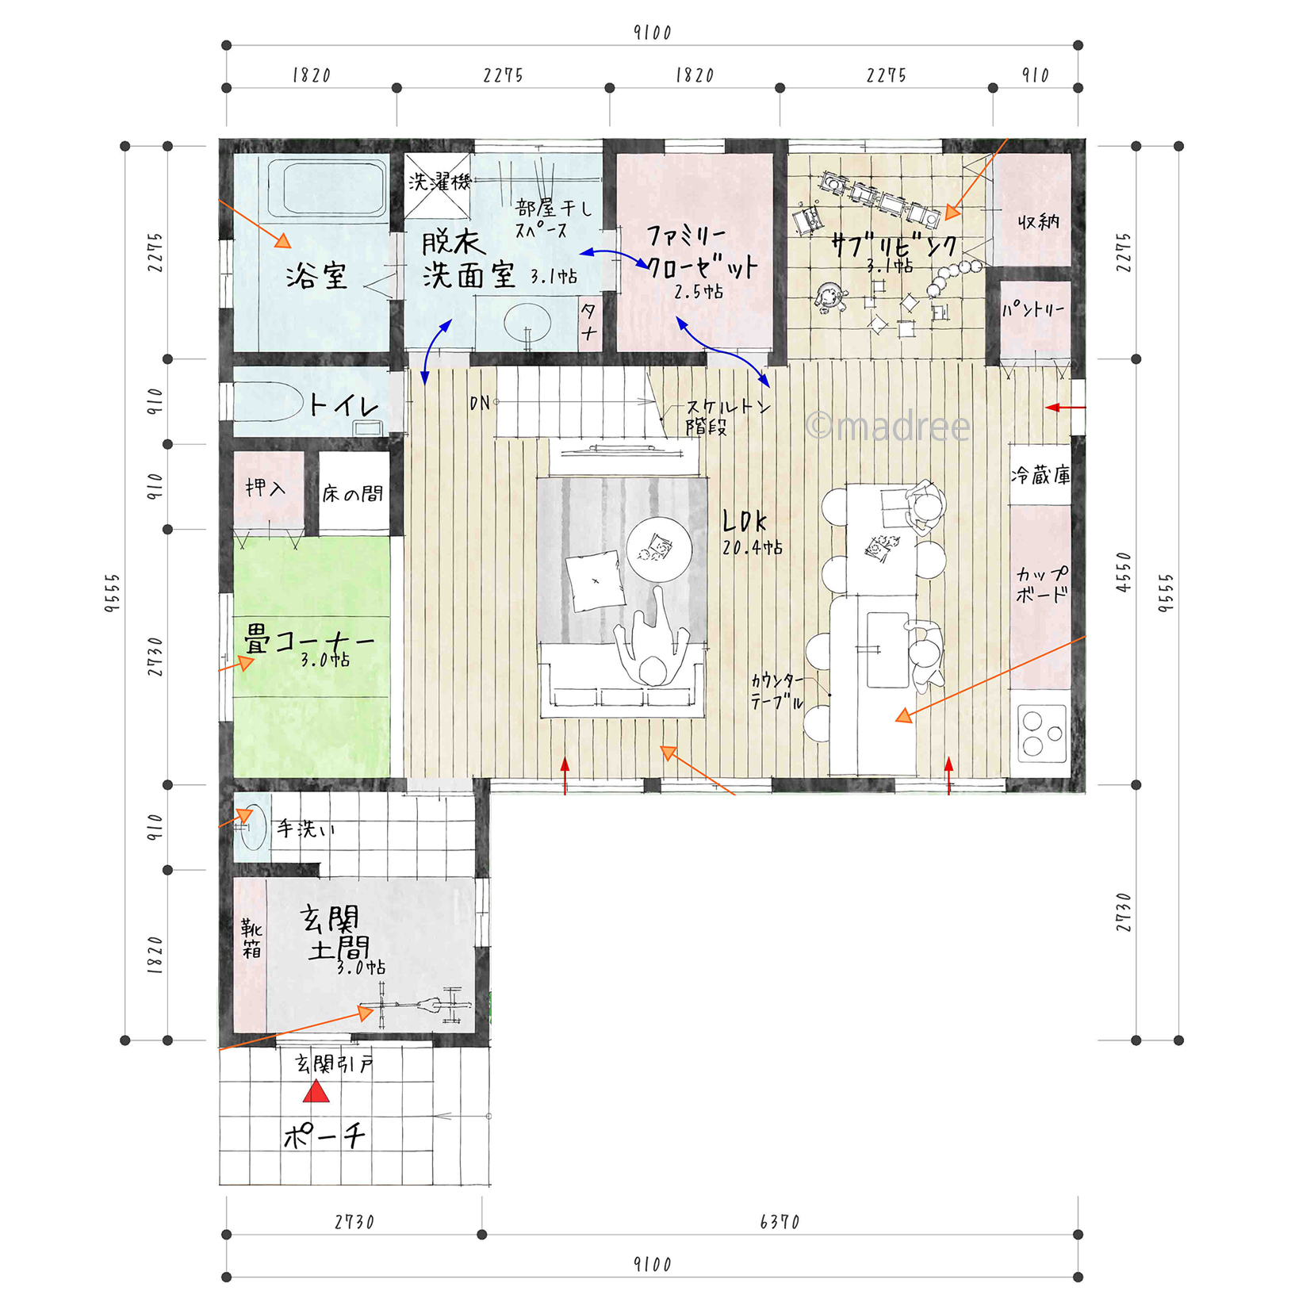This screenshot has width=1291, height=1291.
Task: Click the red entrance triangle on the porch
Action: [316, 1092]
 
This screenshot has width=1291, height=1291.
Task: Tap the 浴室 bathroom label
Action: [316, 276]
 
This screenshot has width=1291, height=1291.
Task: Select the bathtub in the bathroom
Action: [328, 190]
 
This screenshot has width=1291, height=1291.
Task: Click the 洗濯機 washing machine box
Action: [438, 186]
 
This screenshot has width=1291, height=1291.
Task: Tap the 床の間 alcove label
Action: [352, 494]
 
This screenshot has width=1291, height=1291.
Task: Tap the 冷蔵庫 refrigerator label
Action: [1040, 475]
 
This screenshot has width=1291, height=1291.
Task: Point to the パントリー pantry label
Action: [1033, 309]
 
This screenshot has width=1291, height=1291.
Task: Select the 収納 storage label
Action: [1039, 221]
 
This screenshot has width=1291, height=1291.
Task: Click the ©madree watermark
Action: [887, 427]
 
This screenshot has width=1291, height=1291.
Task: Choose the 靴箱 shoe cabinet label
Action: [251, 938]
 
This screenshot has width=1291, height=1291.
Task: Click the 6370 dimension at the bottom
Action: [780, 1222]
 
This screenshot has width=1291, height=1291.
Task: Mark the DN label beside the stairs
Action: [480, 404]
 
